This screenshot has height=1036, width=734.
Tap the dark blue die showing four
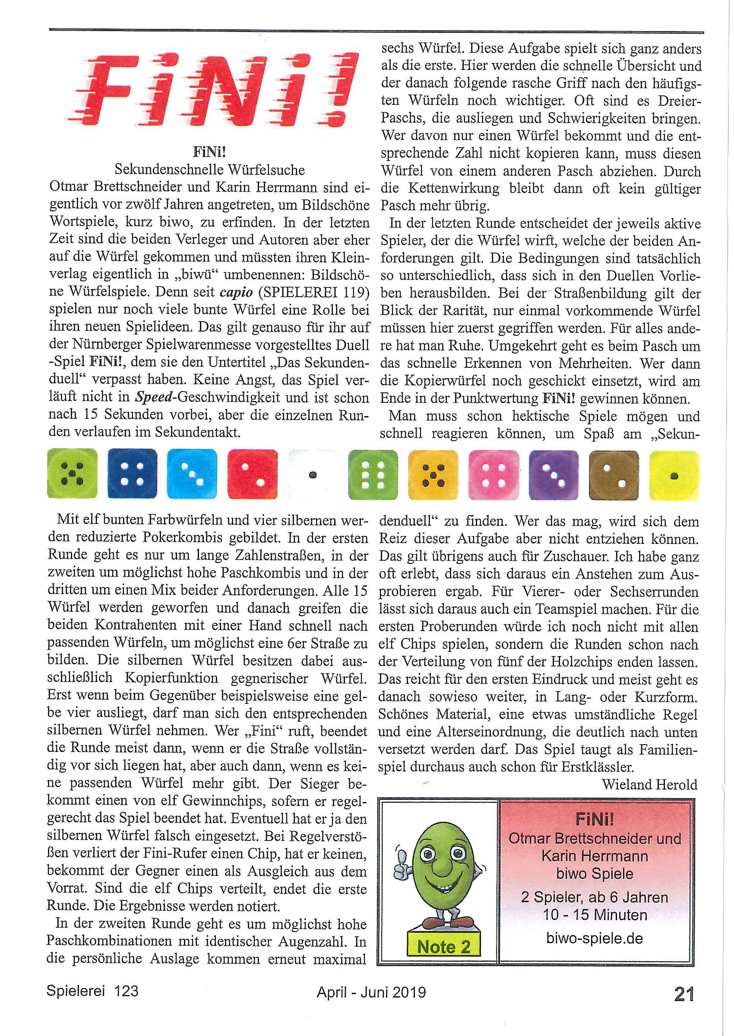pyautogui.click(x=133, y=474)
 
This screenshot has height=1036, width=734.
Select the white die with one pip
pyautogui.click(x=312, y=474)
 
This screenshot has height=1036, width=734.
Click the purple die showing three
pyautogui.click(x=554, y=475)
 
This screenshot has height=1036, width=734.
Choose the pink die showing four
pyautogui.click(x=493, y=475)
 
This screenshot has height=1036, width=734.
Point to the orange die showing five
pyautogui.click(x=433, y=475)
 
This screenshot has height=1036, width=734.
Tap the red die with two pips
pyautogui.click(x=252, y=474)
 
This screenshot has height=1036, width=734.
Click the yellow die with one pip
pyautogui.click(x=674, y=476)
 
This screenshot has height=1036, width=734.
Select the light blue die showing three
pyautogui.click(x=192, y=474)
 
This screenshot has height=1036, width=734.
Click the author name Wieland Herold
pyautogui.click(x=649, y=784)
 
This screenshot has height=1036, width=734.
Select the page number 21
pyautogui.click(x=684, y=994)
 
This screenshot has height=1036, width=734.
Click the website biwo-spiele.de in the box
pyautogui.click(x=595, y=938)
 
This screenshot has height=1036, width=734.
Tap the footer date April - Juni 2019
pyautogui.click(x=371, y=992)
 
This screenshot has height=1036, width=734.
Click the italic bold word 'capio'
pyautogui.click(x=236, y=292)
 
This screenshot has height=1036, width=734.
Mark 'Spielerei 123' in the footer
pyautogui.click(x=92, y=991)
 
